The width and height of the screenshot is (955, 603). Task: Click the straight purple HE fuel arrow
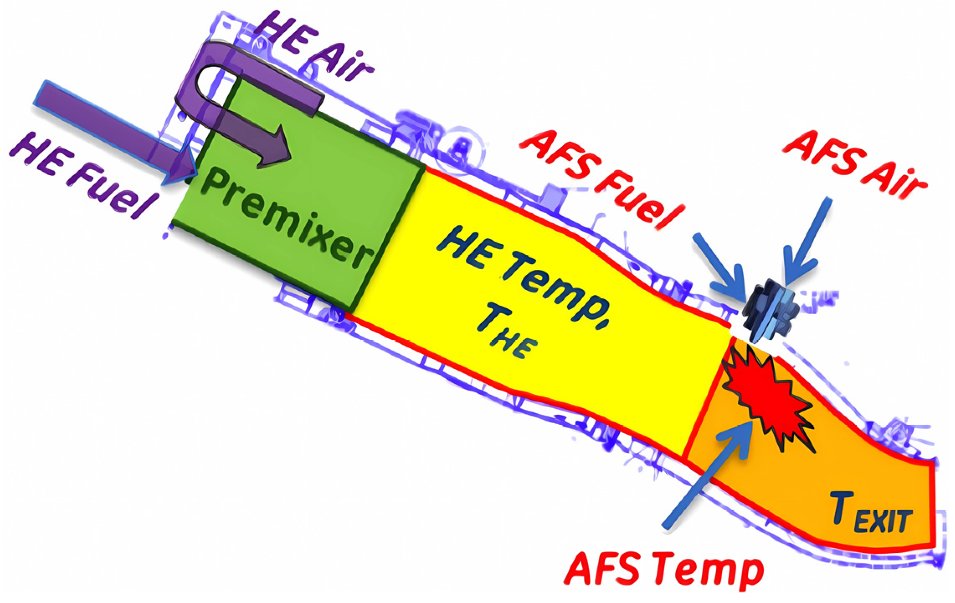click(x=113, y=130)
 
